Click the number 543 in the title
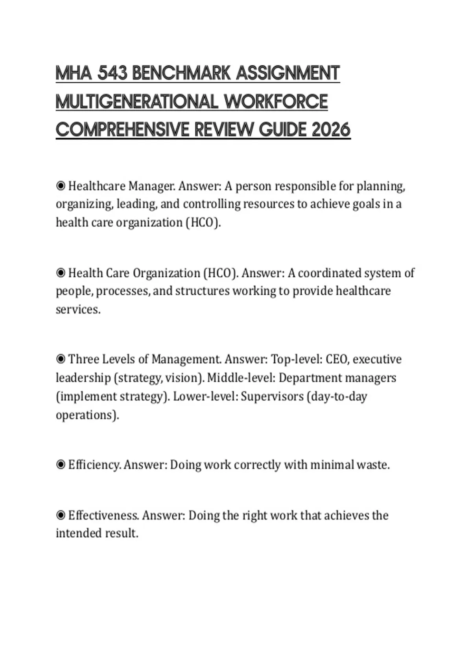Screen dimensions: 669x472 tap(112, 73)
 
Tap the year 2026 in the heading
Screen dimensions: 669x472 tap(331, 129)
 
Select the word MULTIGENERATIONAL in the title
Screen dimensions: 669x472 tap(136, 102)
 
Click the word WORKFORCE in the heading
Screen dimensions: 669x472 tap(276, 102)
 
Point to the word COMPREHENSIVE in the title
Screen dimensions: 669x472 tap(122, 129)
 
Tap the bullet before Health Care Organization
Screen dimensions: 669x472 tap(61, 273)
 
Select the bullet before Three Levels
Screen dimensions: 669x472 tap(61, 359)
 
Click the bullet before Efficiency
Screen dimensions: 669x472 tap(61, 465)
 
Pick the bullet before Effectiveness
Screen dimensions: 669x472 tap(61, 515)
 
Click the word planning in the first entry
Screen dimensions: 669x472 tap(380, 186)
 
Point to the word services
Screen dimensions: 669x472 tap(77, 310)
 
